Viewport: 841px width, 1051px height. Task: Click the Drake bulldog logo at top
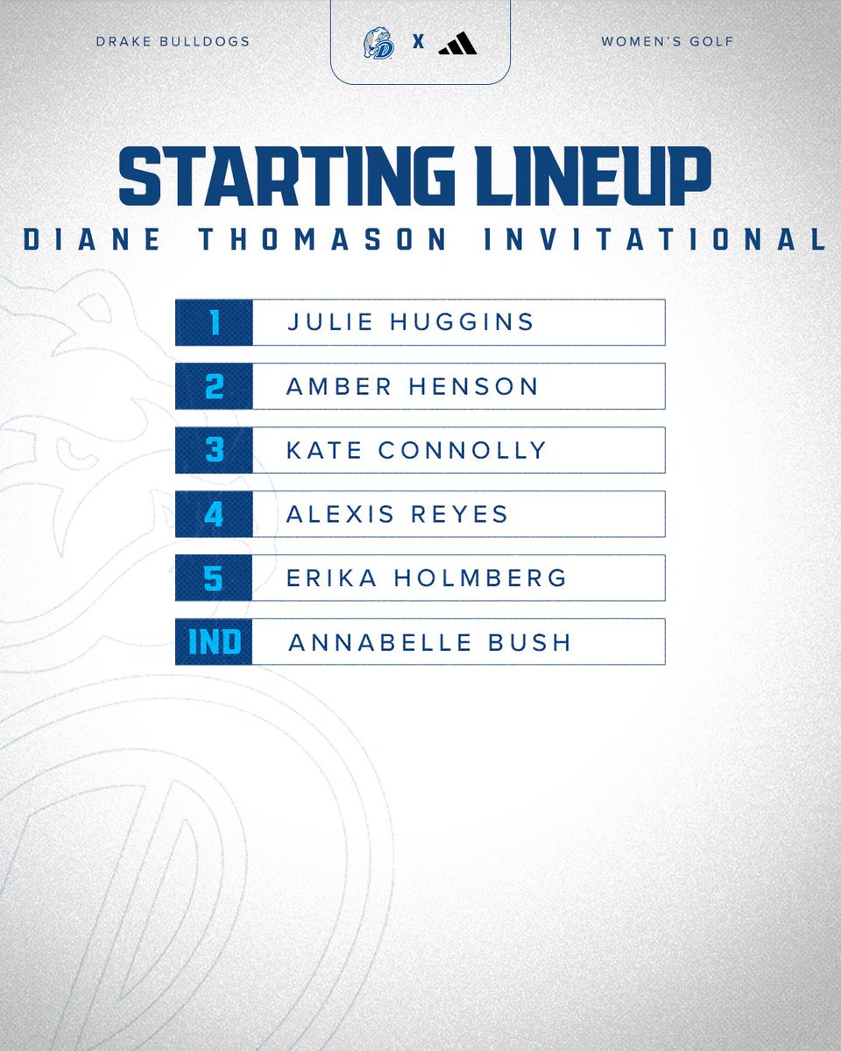[378, 43]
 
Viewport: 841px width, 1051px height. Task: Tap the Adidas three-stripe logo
[457, 43]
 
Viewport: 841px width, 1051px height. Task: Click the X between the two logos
[418, 43]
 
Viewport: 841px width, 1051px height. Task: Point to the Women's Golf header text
[668, 41]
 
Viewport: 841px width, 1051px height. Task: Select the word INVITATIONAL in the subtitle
[655, 240]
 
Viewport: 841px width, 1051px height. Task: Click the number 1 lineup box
[215, 322]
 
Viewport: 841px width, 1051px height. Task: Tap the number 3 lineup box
[215, 450]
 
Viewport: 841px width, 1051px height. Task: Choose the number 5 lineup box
[215, 578]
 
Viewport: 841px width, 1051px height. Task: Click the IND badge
[215, 642]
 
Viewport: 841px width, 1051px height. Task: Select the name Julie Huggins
[411, 322]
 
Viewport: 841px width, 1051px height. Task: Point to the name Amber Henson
[412, 386]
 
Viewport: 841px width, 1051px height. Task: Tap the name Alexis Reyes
[397, 514]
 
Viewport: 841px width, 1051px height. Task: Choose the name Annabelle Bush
[429, 642]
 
